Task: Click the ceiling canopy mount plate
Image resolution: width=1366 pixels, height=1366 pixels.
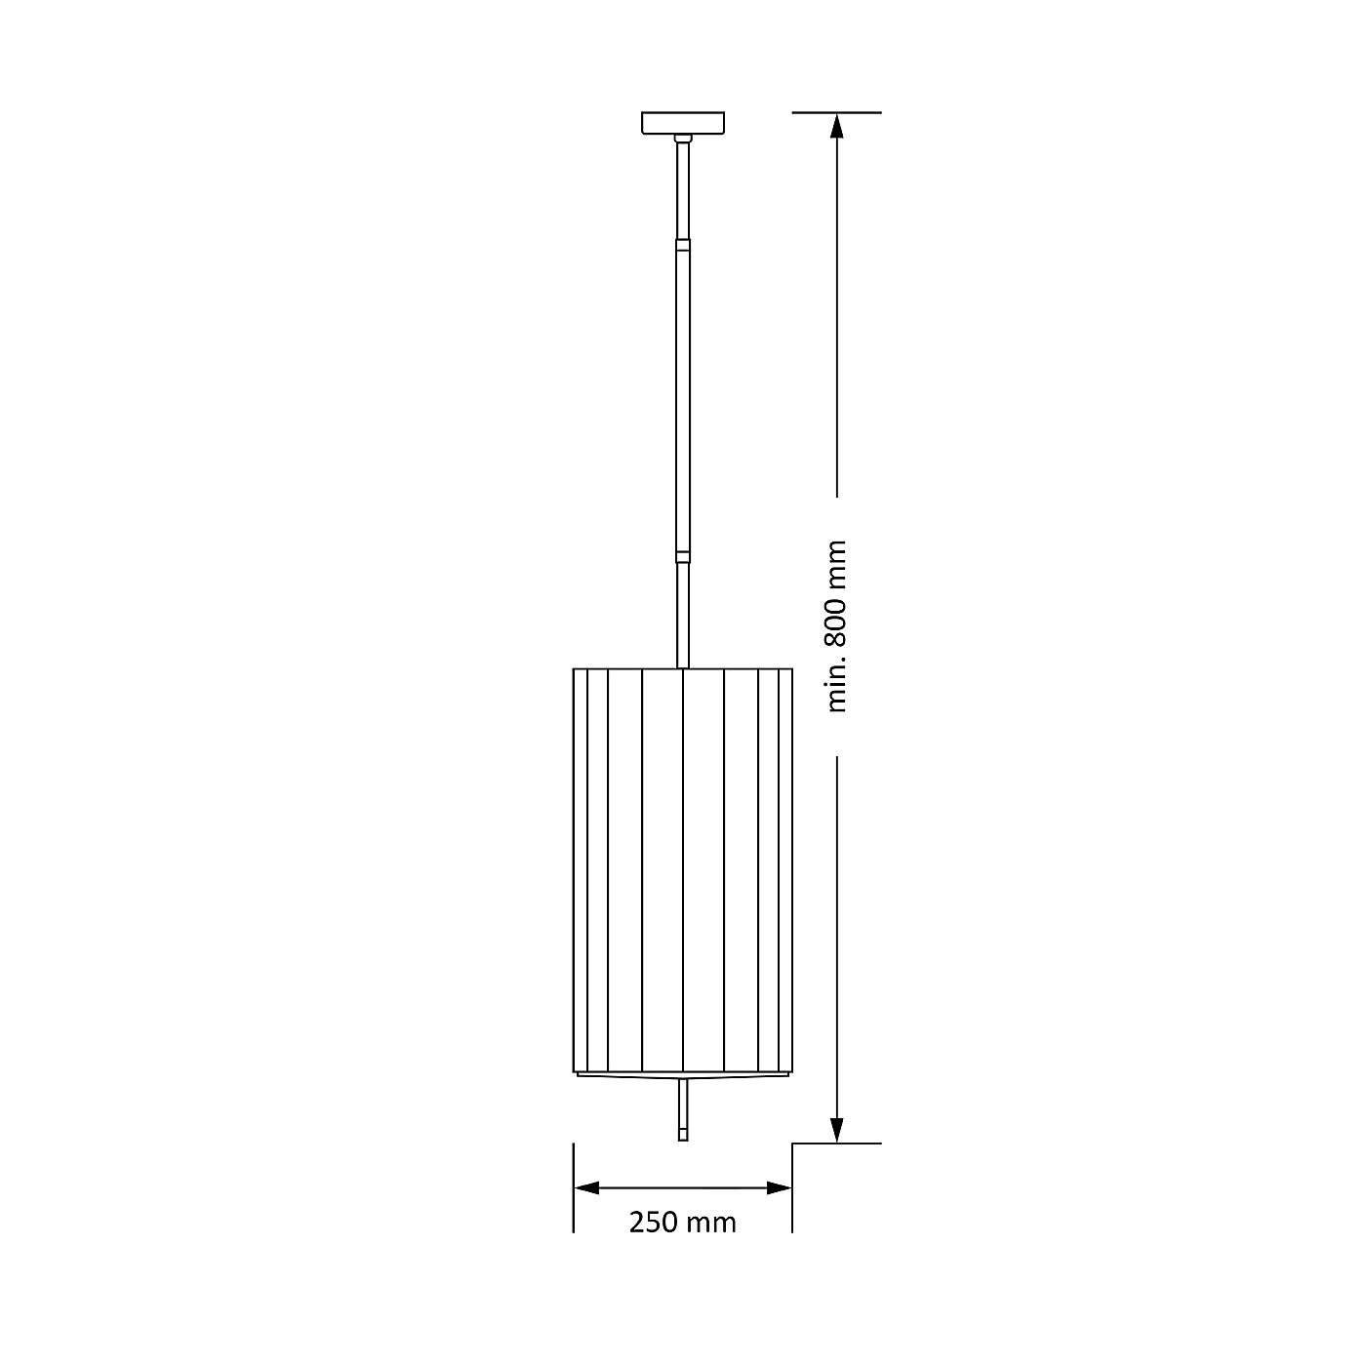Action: click(x=682, y=123)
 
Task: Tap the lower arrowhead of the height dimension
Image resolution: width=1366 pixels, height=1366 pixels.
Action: click(x=837, y=1130)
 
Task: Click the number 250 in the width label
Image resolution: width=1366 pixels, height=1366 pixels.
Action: click(x=652, y=1222)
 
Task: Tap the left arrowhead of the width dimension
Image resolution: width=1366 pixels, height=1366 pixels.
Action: click(x=586, y=1187)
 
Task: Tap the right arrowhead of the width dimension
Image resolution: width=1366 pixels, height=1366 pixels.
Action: click(x=779, y=1187)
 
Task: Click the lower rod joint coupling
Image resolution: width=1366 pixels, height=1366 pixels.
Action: click(x=683, y=557)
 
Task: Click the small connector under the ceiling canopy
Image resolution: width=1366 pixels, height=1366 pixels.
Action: click(x=683, y=139)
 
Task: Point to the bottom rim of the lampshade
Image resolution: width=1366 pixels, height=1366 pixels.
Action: click(x=682, y=1075)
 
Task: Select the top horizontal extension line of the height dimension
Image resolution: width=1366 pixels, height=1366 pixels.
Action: click(x=836, y=112)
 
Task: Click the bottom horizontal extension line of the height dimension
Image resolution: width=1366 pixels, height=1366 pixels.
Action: click(x=836, y=1144)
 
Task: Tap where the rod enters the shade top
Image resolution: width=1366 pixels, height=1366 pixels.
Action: click(x=683, y=667)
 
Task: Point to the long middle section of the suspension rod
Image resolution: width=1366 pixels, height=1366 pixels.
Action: click(x=683, y=400)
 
